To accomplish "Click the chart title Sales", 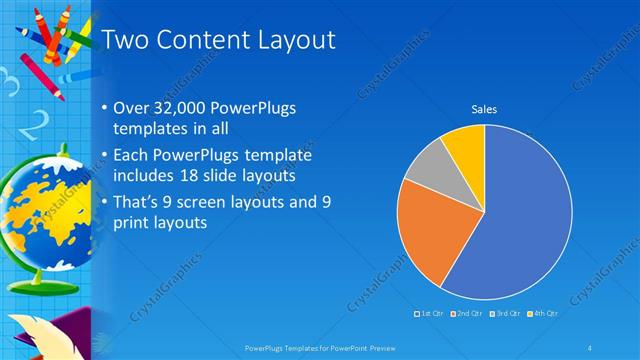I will (484, 108).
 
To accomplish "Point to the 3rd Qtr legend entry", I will (505, 313).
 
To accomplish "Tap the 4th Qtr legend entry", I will (543, 313).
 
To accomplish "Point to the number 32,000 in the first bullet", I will (186, 107).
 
